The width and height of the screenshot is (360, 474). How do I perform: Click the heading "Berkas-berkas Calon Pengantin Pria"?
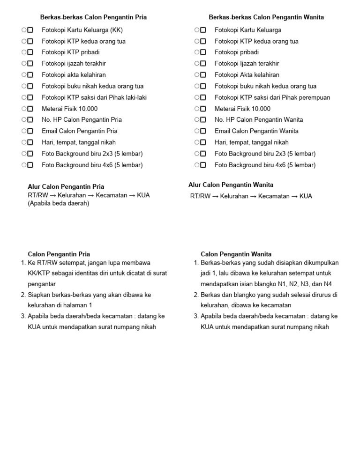pyautogui.click(x=93, y=17)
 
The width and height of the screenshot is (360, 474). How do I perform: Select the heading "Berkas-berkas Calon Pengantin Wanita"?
pyautogui.click(x=266, y=17)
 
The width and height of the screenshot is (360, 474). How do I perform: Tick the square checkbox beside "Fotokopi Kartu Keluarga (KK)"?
pyautogui.click(x=30, y=30)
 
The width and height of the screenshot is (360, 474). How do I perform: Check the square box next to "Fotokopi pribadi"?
pyautogui.click(x=203, y=52)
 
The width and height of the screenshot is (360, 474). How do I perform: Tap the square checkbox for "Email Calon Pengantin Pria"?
pyautogui.click(x=30, y=131)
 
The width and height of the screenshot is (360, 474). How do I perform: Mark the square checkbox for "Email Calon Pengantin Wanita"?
pyautogui.click(x=203, y=131)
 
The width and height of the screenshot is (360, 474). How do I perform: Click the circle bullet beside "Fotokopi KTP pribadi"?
pyautogui.click(x=23, y=52)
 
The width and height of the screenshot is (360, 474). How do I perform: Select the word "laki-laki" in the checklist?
pyautogui.click(x=132, y=97)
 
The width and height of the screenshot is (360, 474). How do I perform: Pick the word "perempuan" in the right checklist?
pyautogui.click(x=315, y=97)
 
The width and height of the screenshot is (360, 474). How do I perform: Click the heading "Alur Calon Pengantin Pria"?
pyautogui.click(x=66, y=186)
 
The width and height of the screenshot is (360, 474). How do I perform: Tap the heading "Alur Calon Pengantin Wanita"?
pyautogui.click(x=231, y=185)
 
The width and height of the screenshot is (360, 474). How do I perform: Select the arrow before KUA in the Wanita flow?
pyautogui.click(x=294, y=196)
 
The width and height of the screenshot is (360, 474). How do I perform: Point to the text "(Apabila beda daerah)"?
pyautogui.click(x=58, y=203)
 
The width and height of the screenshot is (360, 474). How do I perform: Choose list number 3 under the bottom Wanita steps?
pyautogui.click(x=196, y=316)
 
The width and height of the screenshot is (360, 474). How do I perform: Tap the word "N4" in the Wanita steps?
pyautogui.click(x=328, y=284)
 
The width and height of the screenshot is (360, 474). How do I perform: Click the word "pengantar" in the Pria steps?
pyautogui.click(x=41, y=284)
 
